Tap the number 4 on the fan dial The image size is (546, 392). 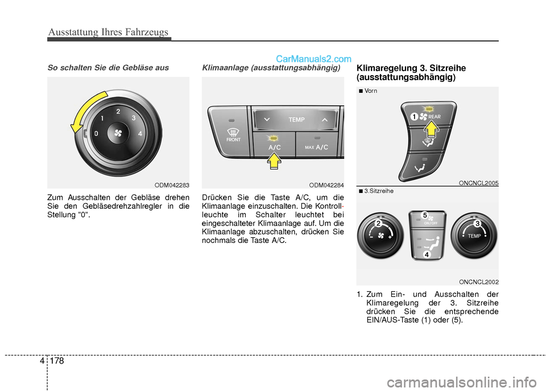tap(139, 135)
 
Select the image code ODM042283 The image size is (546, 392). tap(172, 185)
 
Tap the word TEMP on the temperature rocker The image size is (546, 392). tap(296, 120)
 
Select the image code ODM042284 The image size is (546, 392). tap(326, 185)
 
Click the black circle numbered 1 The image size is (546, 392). tap(415, 116)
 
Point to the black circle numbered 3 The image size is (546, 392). tap(477, 223)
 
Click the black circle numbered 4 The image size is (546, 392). tap(426, 255)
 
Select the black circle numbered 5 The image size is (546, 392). tap(424, 214)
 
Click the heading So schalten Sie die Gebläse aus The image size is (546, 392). tap(108, 67)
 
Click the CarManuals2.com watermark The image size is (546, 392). tap(314, 58)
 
